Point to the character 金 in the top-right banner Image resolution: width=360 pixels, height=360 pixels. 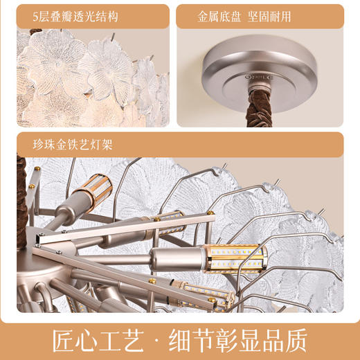[204, 17]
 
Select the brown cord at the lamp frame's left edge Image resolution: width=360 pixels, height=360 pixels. [21, 201]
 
